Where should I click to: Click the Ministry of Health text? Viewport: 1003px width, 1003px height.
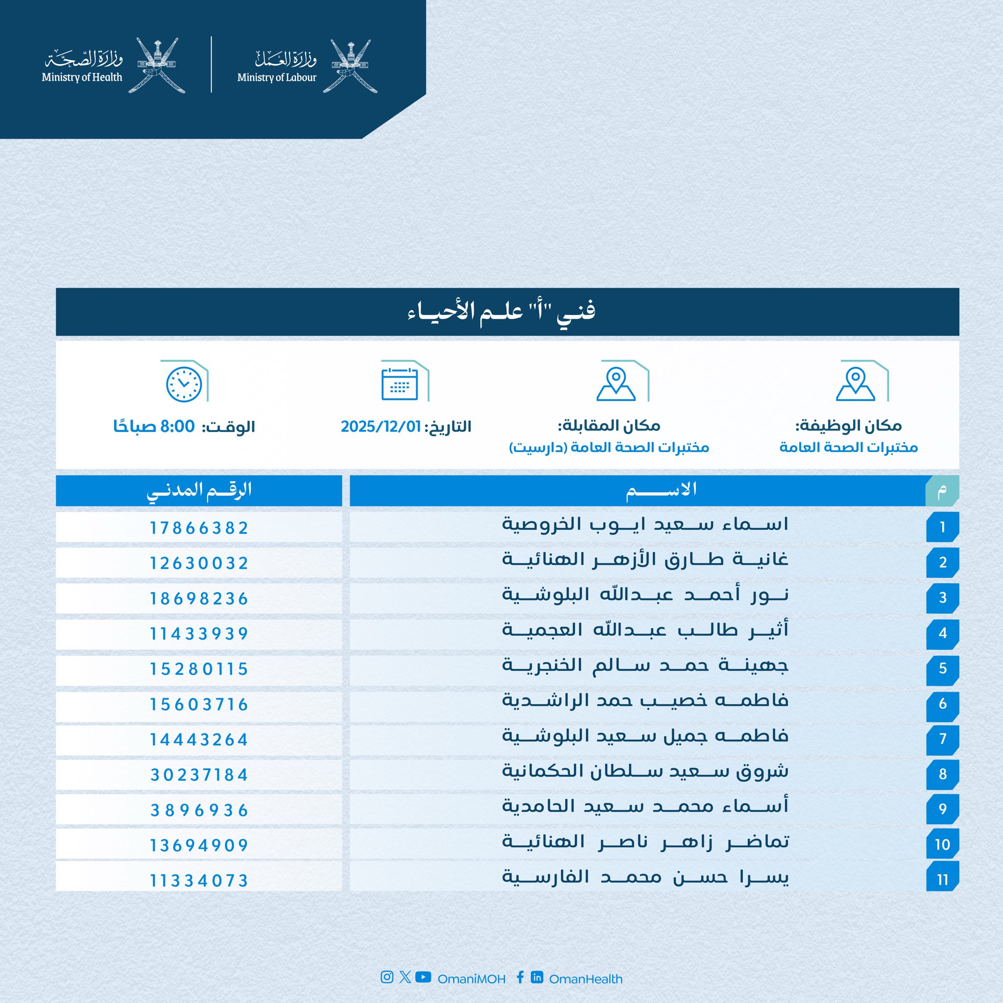82,77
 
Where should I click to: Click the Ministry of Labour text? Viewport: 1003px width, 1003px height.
277,77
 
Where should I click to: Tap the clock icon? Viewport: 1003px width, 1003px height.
184,384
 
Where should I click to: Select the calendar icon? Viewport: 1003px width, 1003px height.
399,384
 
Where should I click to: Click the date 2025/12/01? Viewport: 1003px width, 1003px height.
381,427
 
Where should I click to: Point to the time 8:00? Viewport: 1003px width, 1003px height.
178,427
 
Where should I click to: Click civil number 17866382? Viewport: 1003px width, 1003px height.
199,528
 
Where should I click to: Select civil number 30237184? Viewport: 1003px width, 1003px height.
199,775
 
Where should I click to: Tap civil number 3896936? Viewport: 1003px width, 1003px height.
199,811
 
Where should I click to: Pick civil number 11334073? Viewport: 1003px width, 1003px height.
199,881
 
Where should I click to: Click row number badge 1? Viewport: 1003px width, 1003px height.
942,527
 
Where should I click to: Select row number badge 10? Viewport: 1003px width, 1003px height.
942,845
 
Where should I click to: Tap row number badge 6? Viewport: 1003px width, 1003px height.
942,704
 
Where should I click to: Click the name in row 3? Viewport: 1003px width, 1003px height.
645,595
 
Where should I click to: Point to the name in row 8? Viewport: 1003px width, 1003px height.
645,771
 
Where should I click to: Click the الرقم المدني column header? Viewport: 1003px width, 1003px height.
199,490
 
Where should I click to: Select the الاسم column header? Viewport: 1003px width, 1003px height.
661,490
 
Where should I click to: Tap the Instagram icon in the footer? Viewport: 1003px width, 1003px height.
387,977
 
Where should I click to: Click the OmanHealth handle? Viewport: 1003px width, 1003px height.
586,979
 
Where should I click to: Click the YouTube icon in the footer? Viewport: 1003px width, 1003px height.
423,977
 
